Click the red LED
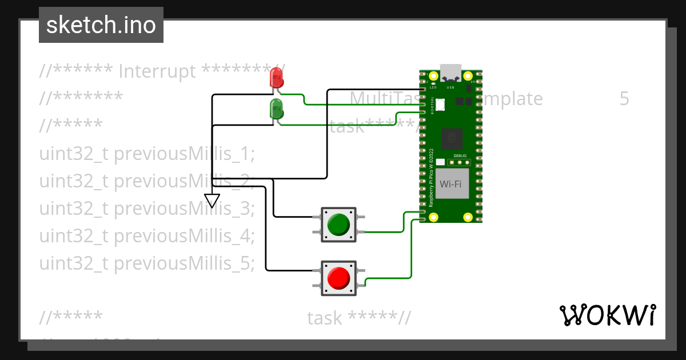[x=276, y=77]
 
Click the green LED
[x=276, y=109]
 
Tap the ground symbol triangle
[x=212, y=201]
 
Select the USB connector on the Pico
[x=452, y=72]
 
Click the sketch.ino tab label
[x=101, y=25]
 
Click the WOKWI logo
[x=607, y=315]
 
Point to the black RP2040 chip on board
[x=453, y=138]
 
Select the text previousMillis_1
[x=183, y=154]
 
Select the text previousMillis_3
[x=183, y=209]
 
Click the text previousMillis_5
[x=183, y=263]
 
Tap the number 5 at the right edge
[x=624, y=99]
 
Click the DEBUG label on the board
[x=460, y=155]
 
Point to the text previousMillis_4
[x=183, y=235]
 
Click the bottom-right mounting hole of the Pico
[x=468, y=217]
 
